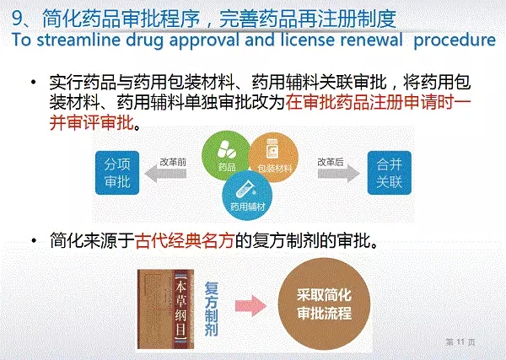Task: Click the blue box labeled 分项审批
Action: (117, 173)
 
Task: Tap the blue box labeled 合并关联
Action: (389, 173)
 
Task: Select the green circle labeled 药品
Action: (224, 154)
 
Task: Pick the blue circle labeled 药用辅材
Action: (247, 196)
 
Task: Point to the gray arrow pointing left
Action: (165, 174)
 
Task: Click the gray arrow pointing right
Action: (338, 174)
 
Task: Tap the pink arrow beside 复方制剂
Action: (250, 305)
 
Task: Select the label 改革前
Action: (173, 162)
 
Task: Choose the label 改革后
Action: (331, 162)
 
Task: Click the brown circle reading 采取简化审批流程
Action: (324, 304)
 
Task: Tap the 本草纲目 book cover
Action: (165, 309)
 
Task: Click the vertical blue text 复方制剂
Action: (212, 309)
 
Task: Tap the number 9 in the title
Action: (17, 19)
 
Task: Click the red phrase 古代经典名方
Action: (184, 240)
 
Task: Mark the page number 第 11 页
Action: (460, 342)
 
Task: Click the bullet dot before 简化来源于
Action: (34, 240)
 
